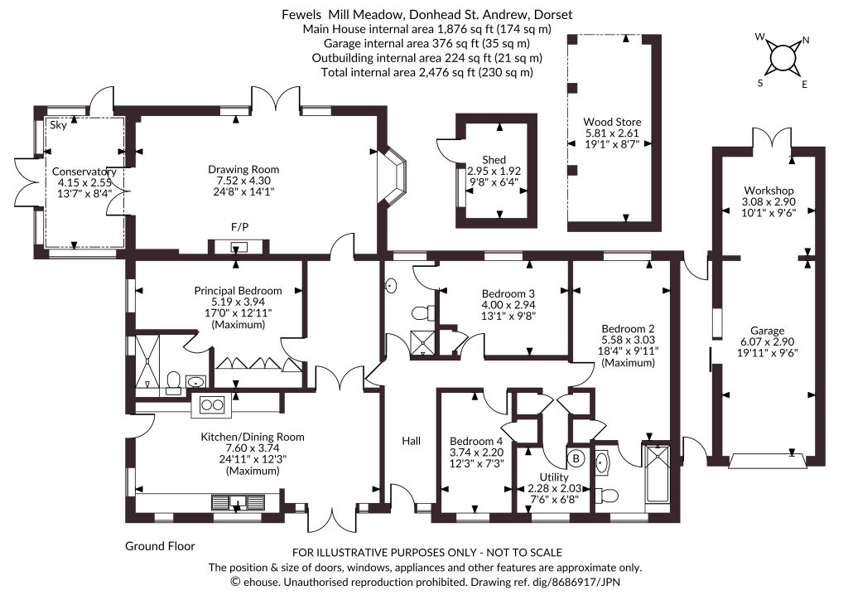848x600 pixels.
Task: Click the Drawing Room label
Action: click(x=243, y=169)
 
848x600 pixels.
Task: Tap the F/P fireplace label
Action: click(x=239, y=227)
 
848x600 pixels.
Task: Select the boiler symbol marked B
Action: click(x=576, y=459)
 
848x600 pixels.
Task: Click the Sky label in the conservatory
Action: click(x=59, y=125)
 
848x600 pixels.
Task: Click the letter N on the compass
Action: click(x=806, y=40)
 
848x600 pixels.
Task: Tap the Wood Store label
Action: click(x=612, y=122)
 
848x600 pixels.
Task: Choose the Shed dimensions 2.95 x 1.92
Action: click(x=494, y=171)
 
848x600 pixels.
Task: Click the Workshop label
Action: click(x=768, y=191)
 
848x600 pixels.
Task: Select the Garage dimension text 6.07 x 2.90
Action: click(x=768, y=342)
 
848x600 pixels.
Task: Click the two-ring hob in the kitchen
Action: click(x=211, y=404)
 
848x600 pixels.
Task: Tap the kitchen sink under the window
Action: click(x=238, y=502)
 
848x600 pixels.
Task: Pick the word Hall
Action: click(x=411, y=441)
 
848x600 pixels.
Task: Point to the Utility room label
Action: click(x=554, y=477)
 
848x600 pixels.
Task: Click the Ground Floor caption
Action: click(x=160, y=546)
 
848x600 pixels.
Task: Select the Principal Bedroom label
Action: click(x=238, y=291)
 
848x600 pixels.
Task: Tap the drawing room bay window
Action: click(x=394, y=174)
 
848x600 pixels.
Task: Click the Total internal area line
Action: click(x=426, y=72)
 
